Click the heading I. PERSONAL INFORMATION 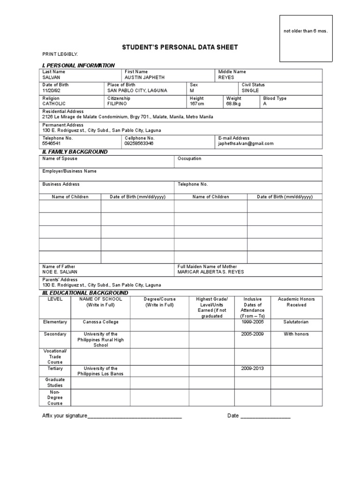(78, 65)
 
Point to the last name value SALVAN (52, 77)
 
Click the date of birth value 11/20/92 (52, 90)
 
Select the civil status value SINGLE (250, 90)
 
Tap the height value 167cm (197, 104)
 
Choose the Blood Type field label (275, 98)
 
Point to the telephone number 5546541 (52, 144)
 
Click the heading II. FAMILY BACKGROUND (75, 152)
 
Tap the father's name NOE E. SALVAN (60, 272)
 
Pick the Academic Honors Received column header (296, 302)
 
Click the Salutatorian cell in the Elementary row (296, 322)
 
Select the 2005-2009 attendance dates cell (253, 334)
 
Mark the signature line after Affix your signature (135, 416)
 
